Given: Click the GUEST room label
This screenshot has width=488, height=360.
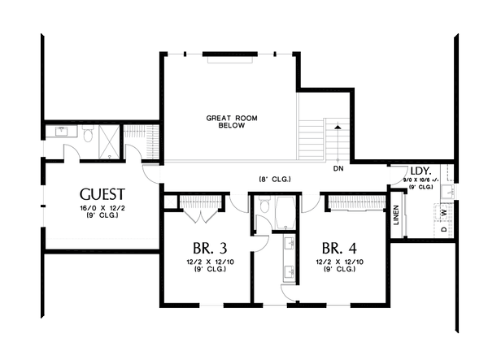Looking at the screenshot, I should click(102, 194).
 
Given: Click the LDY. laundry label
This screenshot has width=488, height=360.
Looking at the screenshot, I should click(420, 171).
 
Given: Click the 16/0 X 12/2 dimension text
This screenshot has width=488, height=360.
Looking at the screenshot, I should click(102, 208).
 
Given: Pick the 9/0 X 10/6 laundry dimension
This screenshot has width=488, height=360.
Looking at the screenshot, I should click(424, 181).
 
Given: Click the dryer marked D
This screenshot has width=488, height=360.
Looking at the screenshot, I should click(444, 229).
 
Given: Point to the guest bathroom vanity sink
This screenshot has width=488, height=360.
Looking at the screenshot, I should click(62, 130).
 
